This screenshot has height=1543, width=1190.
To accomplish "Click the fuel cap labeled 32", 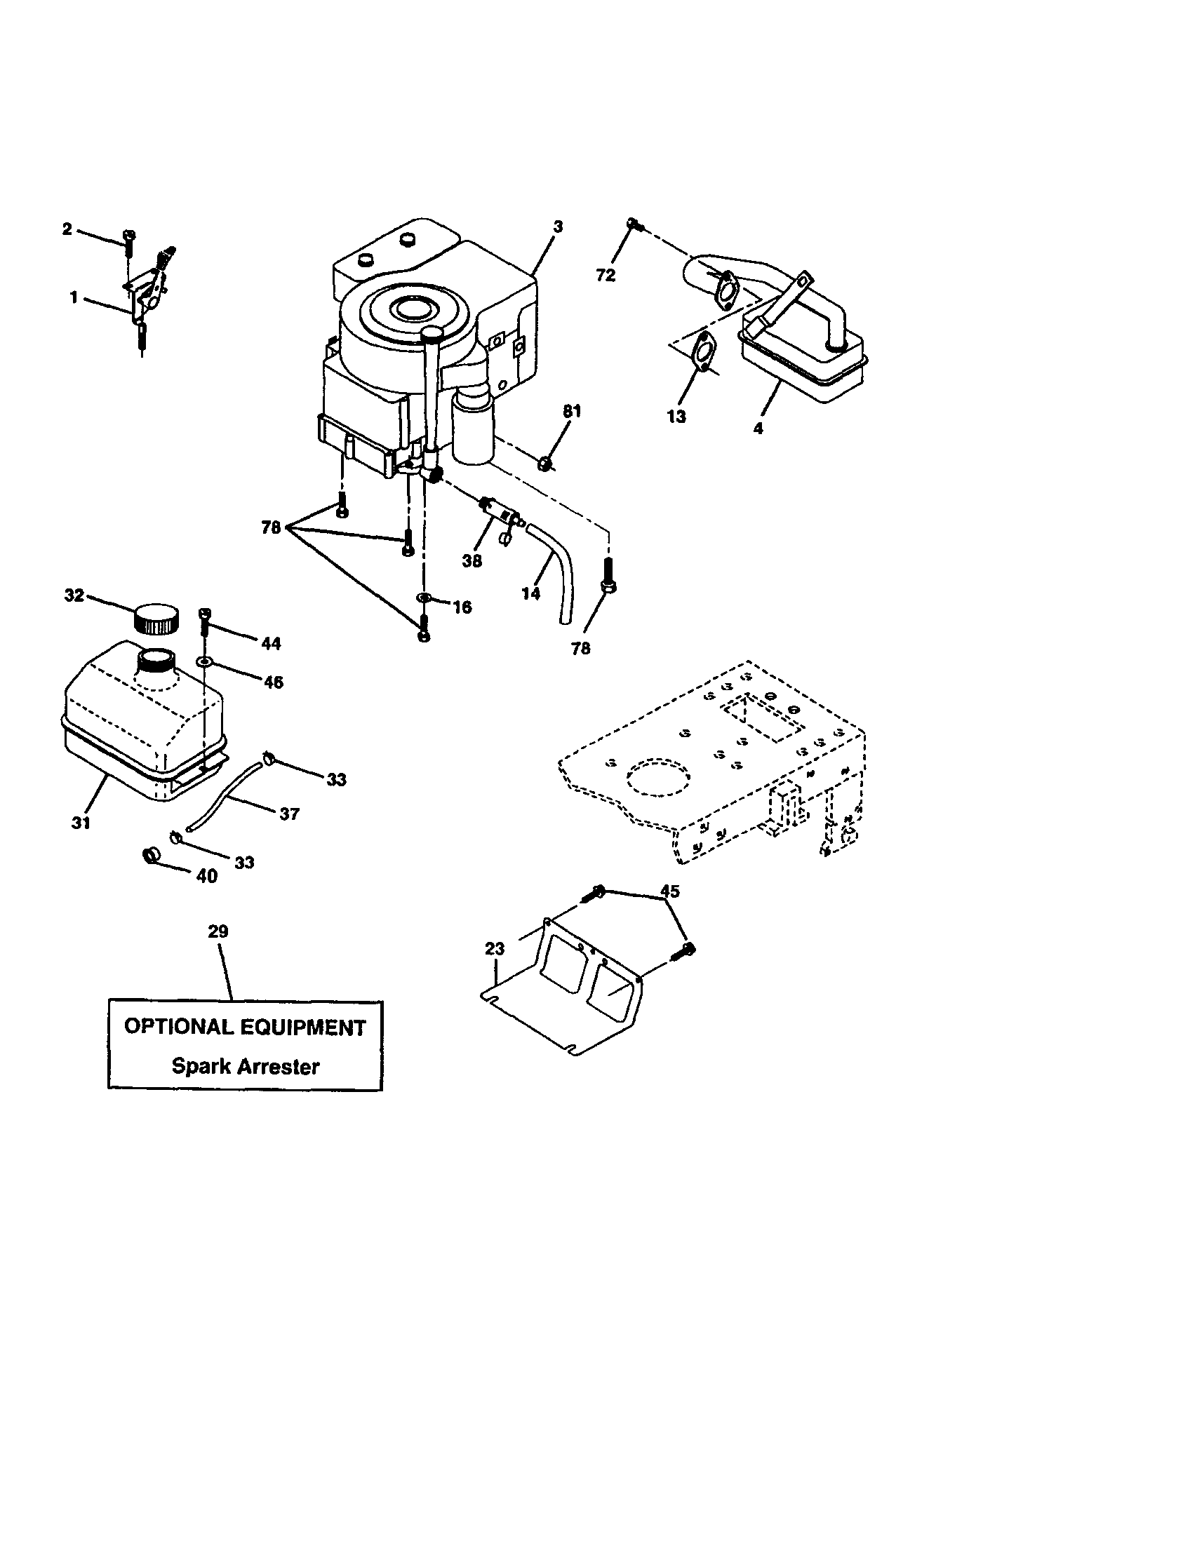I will (156, 619).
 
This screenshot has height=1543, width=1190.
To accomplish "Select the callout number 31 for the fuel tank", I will (81, 823).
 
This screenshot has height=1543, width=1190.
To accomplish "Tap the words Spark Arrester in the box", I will (245, 1066).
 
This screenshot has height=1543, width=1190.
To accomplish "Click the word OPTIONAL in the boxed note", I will (178, 1027).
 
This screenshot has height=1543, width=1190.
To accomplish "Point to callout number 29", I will (218, 931).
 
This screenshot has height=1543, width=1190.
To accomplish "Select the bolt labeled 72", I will (633, 224).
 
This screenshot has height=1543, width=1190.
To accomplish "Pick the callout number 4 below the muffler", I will (758, 428).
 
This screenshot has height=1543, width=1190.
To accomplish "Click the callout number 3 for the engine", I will (558, 227).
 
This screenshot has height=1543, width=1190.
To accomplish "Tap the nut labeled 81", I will (544, 464).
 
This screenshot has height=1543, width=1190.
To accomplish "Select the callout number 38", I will (472, 560).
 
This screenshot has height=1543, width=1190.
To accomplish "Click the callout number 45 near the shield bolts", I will (669, 891).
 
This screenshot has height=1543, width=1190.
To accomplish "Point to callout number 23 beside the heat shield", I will (495, 949).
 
